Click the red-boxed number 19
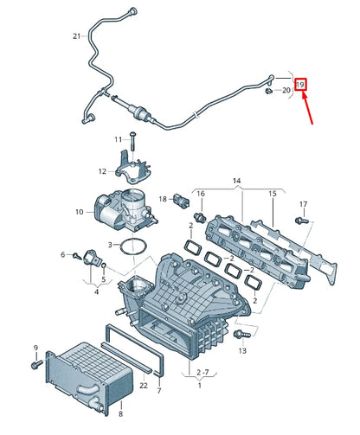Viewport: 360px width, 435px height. pos(300,85)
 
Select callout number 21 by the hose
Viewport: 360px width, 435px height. pos(77,35)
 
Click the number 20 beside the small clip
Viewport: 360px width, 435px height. pos(286,90)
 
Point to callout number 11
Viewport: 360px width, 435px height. pos(119,139)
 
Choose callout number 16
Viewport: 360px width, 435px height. pos(200,193)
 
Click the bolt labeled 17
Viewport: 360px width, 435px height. pos(304,221)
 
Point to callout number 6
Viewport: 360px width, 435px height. pos(63,254)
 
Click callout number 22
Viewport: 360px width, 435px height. pos(144,385)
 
